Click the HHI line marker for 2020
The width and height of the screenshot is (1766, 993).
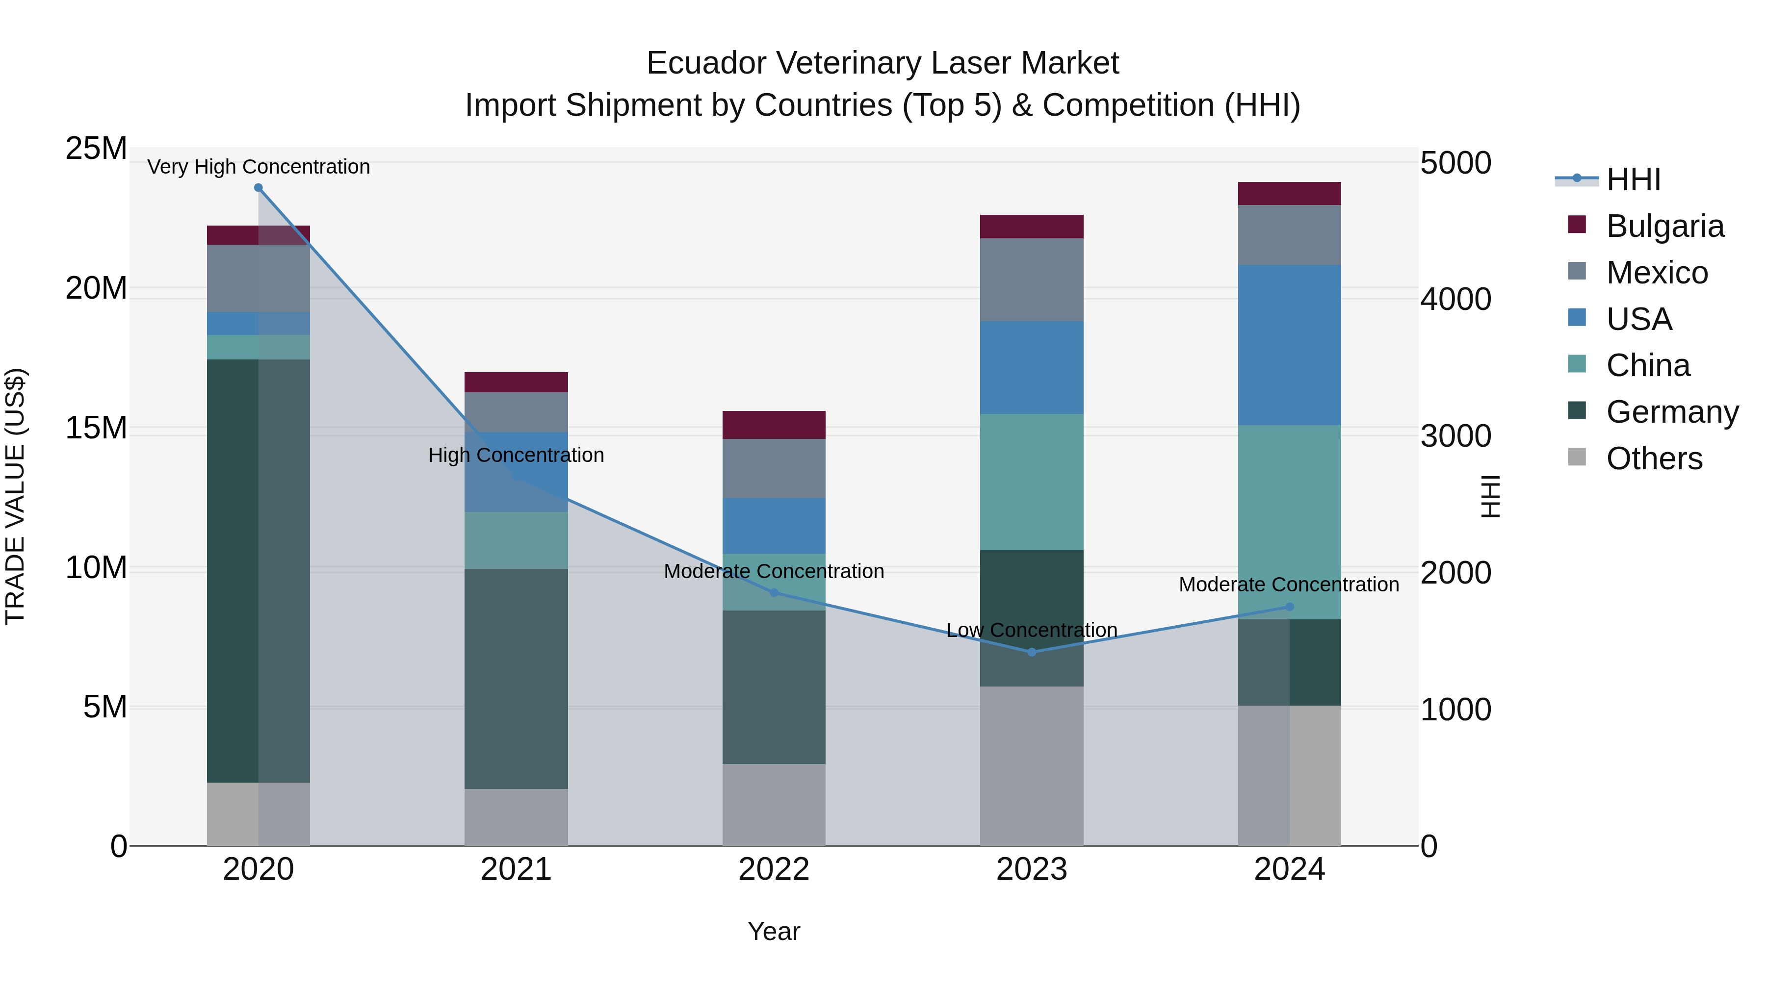coord(259,188)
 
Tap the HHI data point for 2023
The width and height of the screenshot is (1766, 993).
coord(1032,652)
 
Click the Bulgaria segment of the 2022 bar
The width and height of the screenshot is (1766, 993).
coord(774,425)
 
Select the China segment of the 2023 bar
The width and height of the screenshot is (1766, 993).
coord(1032,482)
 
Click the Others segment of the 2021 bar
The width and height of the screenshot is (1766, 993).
coord(516,817)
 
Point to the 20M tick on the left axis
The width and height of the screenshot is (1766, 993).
coord(96,288)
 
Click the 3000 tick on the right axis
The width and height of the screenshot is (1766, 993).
coord(1455,436)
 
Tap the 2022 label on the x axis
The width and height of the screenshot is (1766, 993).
coord(774,869)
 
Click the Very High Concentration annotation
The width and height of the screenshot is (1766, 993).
coord(259,167)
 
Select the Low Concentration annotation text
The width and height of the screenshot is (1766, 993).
coord(1032,630)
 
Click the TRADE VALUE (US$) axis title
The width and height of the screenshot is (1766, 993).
coord(16,496)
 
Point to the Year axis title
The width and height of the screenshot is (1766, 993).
coord(774,931)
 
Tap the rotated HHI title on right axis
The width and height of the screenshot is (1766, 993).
coord(1490,496)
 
